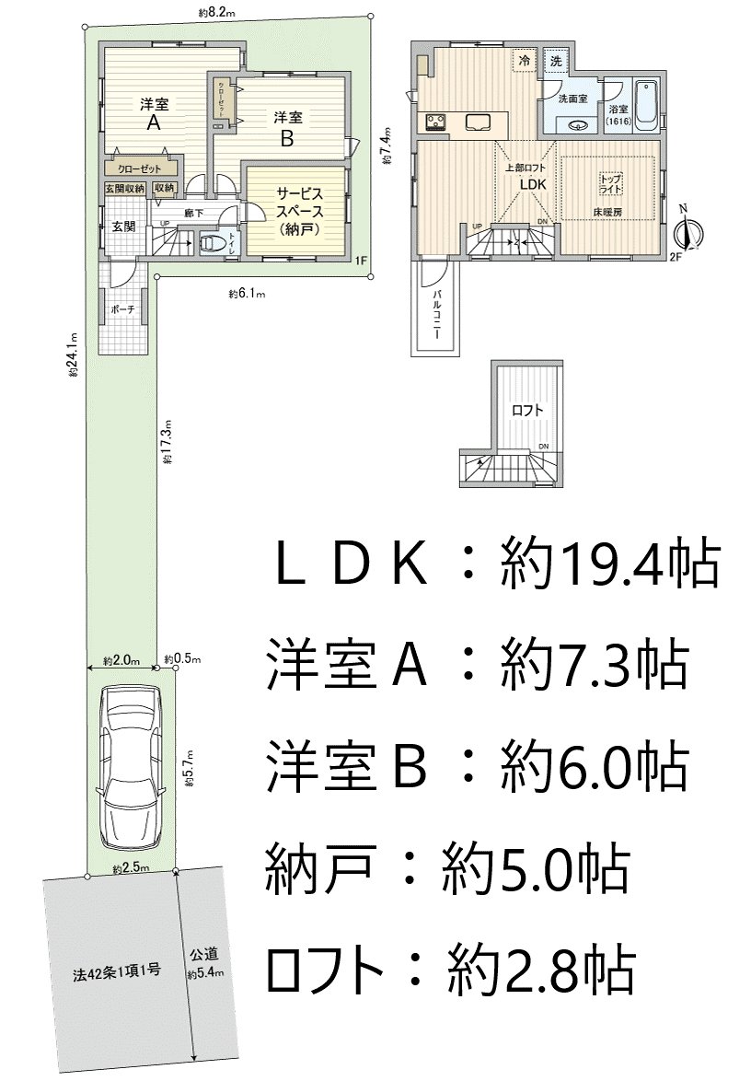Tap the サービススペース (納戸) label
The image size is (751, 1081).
(297, 211)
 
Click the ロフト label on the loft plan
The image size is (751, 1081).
(527, 410)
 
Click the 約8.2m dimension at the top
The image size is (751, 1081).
(217, 12)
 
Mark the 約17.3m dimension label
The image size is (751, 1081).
(168, 442)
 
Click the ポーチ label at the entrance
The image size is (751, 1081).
(122, 310)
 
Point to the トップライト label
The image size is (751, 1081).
(610, 181)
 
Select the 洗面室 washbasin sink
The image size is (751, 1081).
(578, 125)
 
